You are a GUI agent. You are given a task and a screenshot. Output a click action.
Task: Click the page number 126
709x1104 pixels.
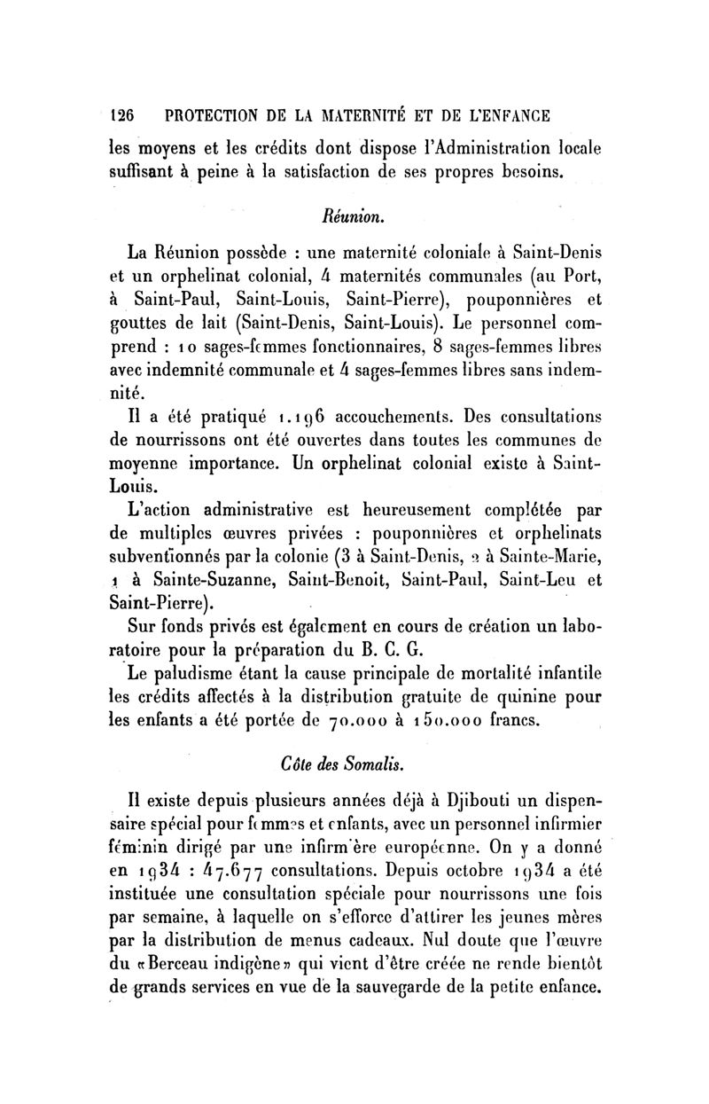click(x=121, y=115)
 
